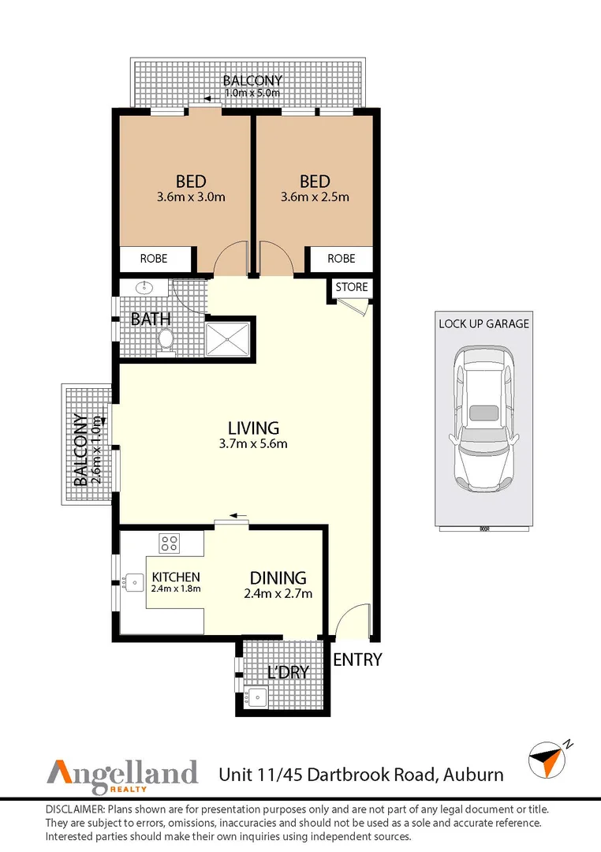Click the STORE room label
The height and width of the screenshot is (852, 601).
point(352,287)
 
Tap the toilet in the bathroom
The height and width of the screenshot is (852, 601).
point(166,340)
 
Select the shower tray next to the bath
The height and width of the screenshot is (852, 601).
point(228,338)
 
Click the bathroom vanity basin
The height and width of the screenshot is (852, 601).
point(145,288)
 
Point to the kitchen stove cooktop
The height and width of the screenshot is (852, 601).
point(169,543)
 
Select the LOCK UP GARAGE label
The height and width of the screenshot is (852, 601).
point(483,323)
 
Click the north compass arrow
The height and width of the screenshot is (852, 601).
point(547,758)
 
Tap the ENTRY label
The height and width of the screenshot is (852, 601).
point(357,660)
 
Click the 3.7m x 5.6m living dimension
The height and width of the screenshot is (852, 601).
point(253,443)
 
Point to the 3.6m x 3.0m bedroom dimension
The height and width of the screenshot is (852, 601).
point(192,197)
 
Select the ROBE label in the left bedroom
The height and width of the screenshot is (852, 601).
point(155,259)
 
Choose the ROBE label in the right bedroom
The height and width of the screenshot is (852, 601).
point(341,259)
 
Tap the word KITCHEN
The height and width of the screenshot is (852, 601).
point(176,577)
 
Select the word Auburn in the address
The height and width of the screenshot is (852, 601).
point(472,774)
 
